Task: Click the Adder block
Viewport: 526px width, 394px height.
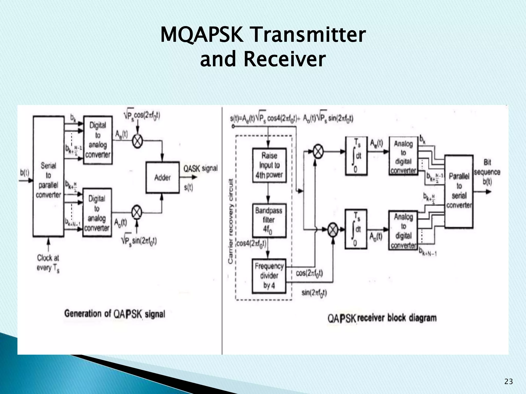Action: pyautogui.click(x=163, y=177)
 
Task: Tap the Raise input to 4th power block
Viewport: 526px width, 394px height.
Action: pyautogui.click(x=269, y=165)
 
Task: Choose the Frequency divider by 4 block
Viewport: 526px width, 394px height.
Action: pyautogui.click(x=269, y=276)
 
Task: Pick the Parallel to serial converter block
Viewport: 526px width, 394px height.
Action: pyautogui.click(x=459, y=191)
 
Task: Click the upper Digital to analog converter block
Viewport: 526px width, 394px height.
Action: pyautogui.click(x=98, y=140)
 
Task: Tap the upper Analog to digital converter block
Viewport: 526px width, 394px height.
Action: pyautogui.click(x=403, y=157)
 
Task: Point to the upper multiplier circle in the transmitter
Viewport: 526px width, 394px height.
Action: pyautogui.click(x=137, y=141)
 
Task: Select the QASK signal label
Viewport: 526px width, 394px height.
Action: pyautogui.click(x=200, y=169)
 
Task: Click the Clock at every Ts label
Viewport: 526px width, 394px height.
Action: pyautogui.click(x=48, y=263)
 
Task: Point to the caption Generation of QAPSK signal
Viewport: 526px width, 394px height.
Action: pyautogui.click(x=115, y=314)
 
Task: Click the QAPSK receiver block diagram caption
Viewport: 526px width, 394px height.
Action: pyautogui.click(x=382, y=318)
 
